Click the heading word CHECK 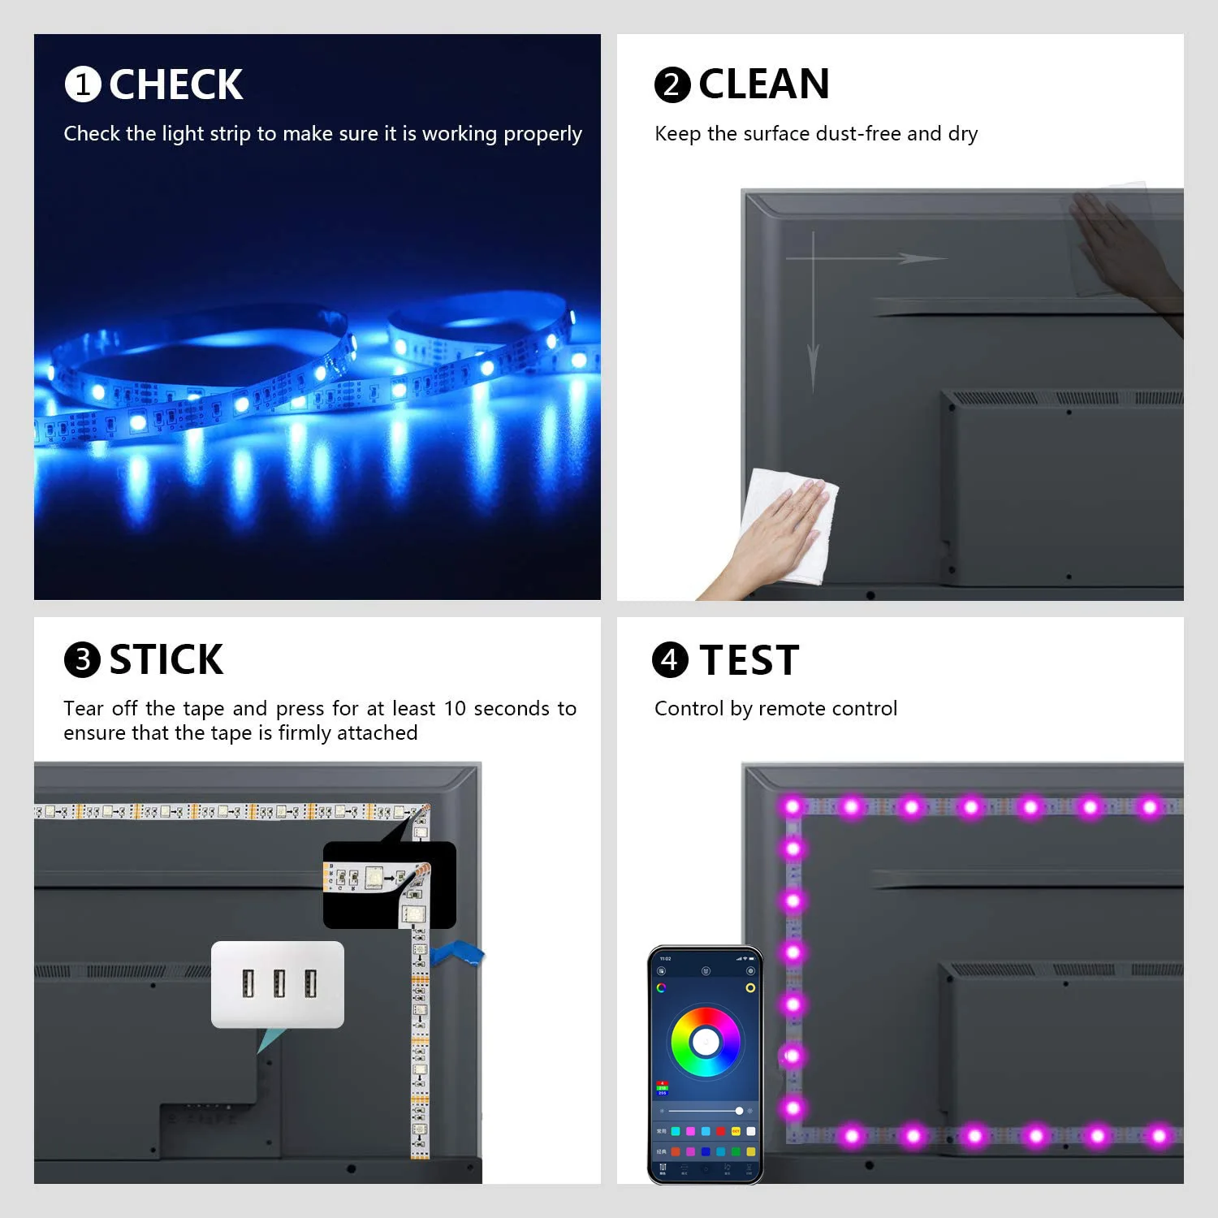175,84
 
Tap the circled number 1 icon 82,84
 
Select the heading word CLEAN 763,84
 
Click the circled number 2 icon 672,84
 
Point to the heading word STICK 166,659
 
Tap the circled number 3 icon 82,659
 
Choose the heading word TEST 749,660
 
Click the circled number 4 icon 670,659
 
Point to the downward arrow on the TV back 813,325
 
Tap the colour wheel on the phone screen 705,1042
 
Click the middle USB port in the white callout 278,984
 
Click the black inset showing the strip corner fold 389,885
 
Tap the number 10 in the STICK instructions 454,708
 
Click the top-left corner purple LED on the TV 793,806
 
